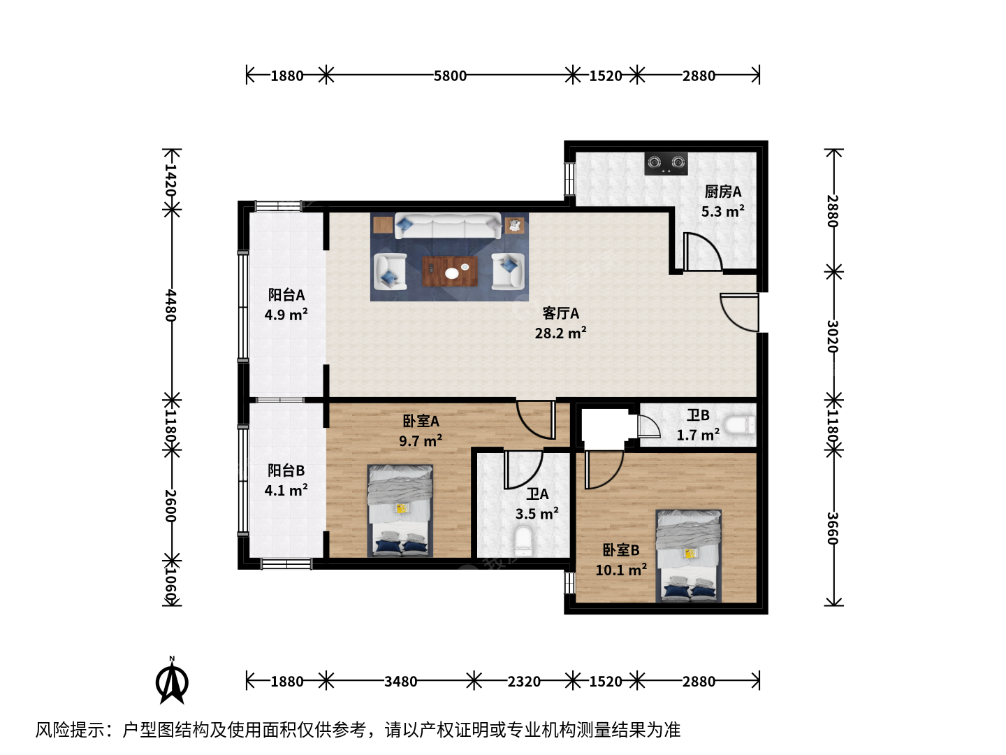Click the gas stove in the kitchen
click(x=666, y=163)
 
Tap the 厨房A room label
click(x=723, y=192)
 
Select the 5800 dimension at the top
click(x=450, y=75)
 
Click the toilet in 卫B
click(x=740, y=424)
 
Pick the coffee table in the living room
click(x=450, y=271)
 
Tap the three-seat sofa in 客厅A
click(x=448, y=226)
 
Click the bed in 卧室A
click(x=400, y=510)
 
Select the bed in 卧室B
click(x=688, y=556)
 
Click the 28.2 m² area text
click(x=560, y=333)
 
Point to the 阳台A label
click(x=286, y=295)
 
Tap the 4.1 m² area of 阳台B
click(x=286, y=490)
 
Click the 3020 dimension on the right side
click(x=833, y=336)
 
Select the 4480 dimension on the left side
click(x=171, y=305)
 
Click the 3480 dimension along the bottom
click(x=400, y=682)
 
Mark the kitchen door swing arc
click(x=708, y=245)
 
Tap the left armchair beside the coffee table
click(x=390, y=271)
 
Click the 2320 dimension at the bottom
click(x=524, y=682)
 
